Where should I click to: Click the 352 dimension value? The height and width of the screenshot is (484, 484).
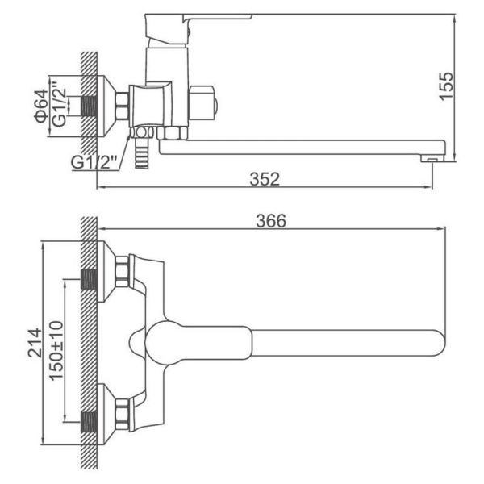point(265,179)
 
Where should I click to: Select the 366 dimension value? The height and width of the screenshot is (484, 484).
point(271,221)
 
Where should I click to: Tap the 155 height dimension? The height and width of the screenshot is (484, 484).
point(447,86)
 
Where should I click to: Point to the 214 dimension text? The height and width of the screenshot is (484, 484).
point(35,343)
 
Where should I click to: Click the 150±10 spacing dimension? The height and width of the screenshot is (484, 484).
point(56,351)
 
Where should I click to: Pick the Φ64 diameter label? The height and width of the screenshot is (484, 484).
point(41,106)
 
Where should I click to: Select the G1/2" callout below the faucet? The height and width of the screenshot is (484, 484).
point(94,162)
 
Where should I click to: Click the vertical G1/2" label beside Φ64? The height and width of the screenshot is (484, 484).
point(59,104)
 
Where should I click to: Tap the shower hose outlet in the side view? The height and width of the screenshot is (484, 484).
point(142,153)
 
